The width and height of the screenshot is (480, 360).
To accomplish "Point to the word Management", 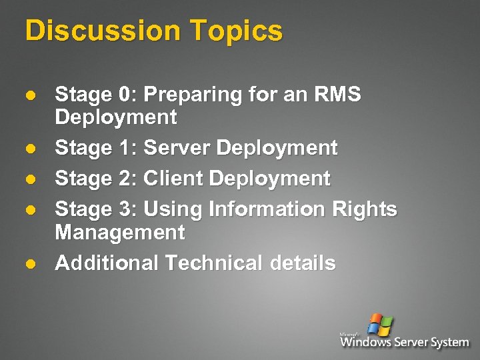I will coord(120,233).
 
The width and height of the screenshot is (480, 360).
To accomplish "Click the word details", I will coord(303,263).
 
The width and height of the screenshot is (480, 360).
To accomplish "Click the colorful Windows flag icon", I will coord(381,324).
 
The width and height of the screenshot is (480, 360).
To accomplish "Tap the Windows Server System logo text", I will coord(405,342).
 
